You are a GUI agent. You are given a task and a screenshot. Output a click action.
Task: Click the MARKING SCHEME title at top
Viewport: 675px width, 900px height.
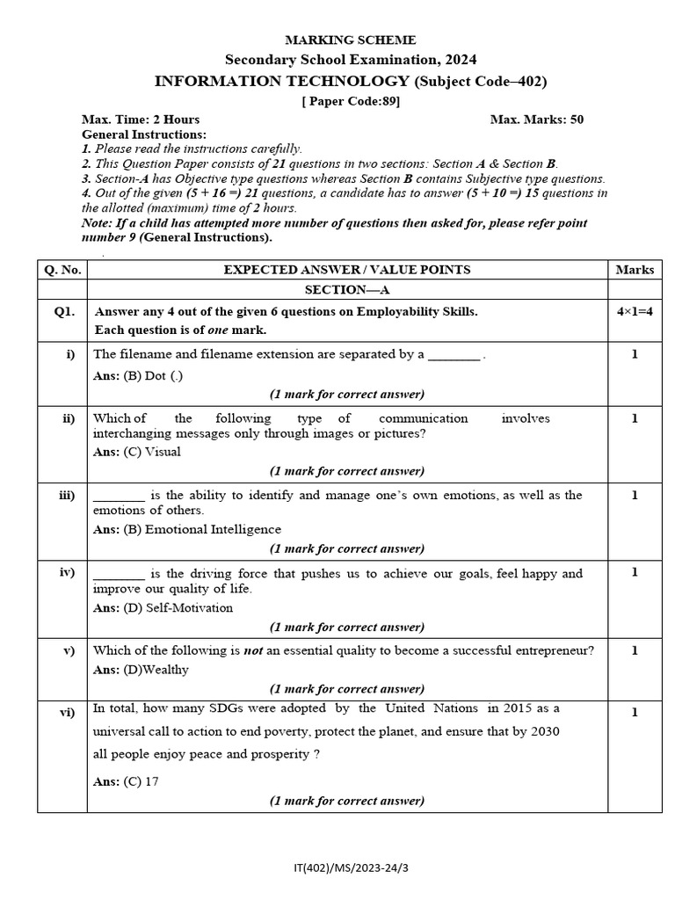351,40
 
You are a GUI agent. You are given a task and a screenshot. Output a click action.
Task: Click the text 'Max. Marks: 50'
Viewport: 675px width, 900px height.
536,120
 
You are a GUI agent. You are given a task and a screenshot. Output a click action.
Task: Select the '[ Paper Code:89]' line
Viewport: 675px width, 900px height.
351,101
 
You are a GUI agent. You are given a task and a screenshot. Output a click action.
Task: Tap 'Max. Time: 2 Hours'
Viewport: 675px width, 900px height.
141,120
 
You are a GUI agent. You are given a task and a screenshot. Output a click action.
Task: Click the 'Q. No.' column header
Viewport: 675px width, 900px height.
62,270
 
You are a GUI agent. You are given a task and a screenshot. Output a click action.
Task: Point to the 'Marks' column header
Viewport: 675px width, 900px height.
635,270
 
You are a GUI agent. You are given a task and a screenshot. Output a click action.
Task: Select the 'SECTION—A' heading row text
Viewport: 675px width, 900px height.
346,289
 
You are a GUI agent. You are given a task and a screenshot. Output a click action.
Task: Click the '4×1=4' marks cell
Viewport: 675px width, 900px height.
635,311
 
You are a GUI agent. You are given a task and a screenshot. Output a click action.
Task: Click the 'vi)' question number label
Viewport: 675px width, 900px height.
67,712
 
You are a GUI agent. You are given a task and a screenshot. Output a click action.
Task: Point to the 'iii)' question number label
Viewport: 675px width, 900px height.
67,496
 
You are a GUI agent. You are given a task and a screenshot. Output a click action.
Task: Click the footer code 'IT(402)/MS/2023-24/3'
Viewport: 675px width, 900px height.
352,867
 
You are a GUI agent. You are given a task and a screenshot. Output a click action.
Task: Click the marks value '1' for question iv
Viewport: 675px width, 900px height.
635,572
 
